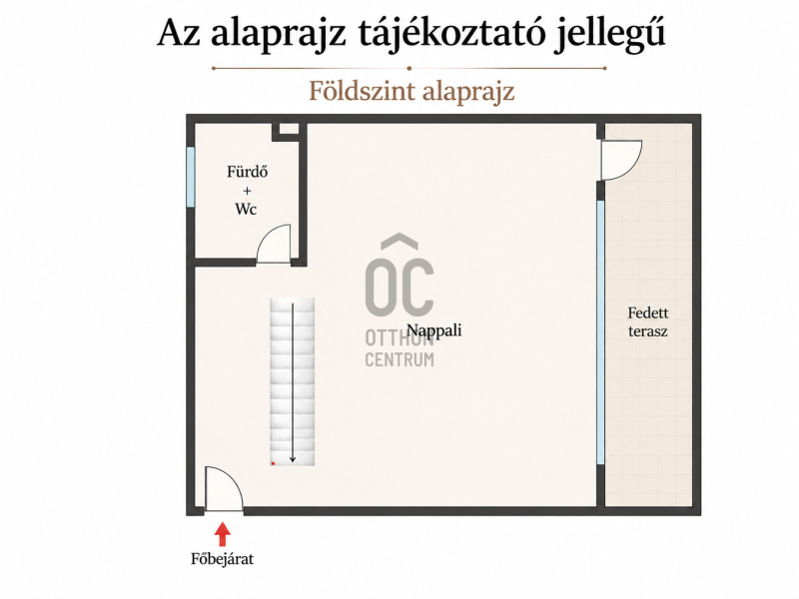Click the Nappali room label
click(434, 330)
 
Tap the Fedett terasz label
click(647, 321)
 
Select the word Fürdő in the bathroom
click(247, 172)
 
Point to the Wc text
click(246, 209)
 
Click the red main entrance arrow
click(222, 534)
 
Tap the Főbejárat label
click(222, 559)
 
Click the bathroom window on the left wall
click(191, 177)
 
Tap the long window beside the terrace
click(601, 332)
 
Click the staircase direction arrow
click(293, 383)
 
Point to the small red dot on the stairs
click(273, 463)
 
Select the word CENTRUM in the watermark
click(399, 359)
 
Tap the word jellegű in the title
click(609, 34)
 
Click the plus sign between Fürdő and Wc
click(247, 191)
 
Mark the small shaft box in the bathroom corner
click(289, 130)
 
